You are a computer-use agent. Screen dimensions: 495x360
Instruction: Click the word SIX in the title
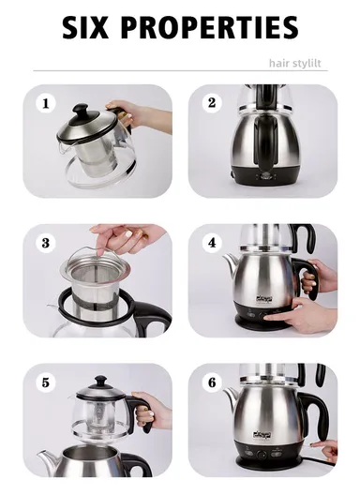[x=93, y=28]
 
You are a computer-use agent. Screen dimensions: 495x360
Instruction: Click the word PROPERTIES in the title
[x=214, y=28]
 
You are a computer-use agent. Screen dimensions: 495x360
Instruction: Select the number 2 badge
[x=212, y=102]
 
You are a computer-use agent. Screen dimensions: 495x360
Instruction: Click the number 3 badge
[x=45, y=242]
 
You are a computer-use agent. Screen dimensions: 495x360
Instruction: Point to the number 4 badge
[x=212, y=242]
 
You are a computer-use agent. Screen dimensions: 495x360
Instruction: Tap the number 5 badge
[x=45, y=382]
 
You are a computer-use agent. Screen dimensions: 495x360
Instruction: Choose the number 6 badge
[x=212, y=382]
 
